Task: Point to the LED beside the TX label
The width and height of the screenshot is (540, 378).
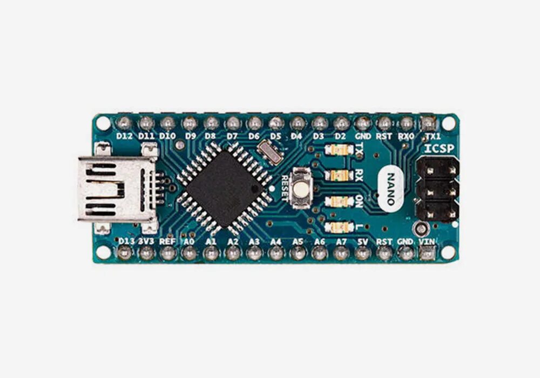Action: (x=339, y=150)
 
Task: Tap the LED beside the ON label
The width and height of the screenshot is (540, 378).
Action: (x=339, y=201)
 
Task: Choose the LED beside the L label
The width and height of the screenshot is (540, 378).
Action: (x=339, y=227)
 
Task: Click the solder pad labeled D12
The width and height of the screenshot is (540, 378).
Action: (x=125, y=123)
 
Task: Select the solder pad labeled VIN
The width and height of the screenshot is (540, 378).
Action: (x=428, y=253)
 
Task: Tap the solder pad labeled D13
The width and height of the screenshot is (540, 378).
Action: (x=125, y=253)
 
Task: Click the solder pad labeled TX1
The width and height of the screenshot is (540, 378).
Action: (x=428, y=123)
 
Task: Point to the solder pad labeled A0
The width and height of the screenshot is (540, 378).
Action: (x=190, y=253)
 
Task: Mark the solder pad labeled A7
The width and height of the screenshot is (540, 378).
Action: (x=341, y=253)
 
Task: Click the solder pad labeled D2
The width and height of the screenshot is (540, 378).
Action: (x=341, y=123)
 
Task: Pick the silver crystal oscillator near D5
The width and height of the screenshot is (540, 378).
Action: (x=270, y=152)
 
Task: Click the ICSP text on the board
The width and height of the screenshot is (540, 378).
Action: (x=438, y=148)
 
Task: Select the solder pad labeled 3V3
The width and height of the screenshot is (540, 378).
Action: (x=146, y=253)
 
